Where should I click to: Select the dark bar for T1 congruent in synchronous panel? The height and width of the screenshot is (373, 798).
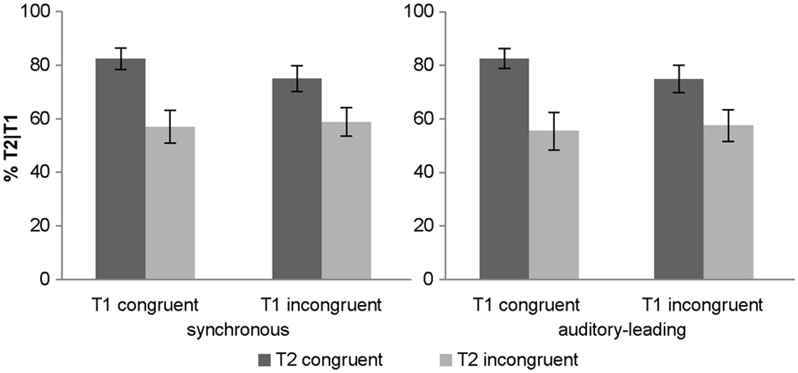(x=121, y=169)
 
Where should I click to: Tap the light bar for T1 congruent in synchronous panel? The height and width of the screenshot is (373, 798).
(x=170, y=203)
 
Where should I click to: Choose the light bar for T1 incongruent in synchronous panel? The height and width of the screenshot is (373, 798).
(x=346, y=201)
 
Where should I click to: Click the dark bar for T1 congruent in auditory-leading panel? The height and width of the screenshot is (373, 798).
(x=504, y=169)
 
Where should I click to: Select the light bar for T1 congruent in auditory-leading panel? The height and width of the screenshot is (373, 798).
(x=554, y=205)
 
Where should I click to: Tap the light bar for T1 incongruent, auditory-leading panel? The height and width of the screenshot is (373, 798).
(x=728, y=202)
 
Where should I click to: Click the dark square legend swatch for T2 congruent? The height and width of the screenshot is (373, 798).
(x=265, y=359)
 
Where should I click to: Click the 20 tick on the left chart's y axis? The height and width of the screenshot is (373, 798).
(x=47, y=226)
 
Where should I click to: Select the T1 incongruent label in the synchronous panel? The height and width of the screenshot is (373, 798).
(x=322, y=306)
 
